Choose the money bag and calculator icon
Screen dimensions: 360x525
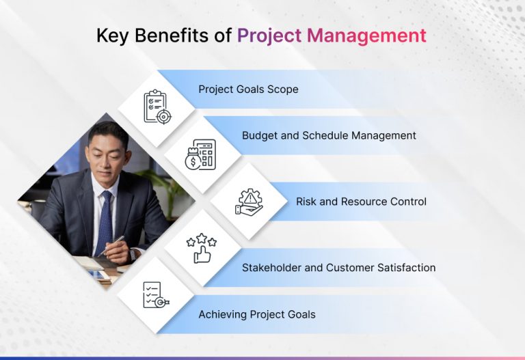point(200,154)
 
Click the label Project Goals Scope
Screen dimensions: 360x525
point(248,89)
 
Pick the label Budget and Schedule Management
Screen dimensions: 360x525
point(329,135)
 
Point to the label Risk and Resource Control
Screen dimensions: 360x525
point(361,202)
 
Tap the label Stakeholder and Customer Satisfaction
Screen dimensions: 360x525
point(338,268)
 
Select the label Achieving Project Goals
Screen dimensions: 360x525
point(257,314)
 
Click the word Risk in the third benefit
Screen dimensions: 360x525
point(308,202)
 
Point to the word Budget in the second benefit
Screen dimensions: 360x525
point(258,135)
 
